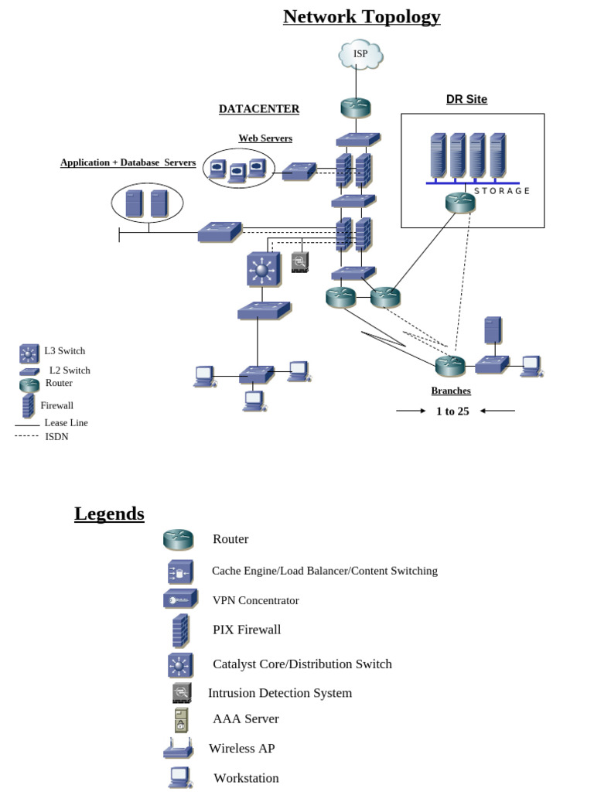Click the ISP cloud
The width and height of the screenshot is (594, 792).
(360, 53)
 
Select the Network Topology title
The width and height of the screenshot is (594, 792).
(361, 16)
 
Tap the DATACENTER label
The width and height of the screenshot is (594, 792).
(258, 109)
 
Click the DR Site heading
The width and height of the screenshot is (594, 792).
(466, 99)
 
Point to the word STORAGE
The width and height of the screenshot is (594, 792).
(502, 191)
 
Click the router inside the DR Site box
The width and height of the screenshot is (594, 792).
(460, 203)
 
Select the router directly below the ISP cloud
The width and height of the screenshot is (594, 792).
(357, 108)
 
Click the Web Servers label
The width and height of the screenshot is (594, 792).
(265, 138)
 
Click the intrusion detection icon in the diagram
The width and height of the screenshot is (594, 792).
(300, 263)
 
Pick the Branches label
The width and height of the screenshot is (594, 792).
(451, 391)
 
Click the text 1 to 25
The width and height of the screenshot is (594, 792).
(452, 411)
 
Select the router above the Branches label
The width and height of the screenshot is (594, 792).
(449, 364)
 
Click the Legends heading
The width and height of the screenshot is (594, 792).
(109, 514)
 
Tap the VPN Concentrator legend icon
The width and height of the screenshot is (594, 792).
(180, 599)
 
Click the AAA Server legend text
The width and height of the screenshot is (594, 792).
(245, 719)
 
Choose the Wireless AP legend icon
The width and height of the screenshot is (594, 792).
(179, 749)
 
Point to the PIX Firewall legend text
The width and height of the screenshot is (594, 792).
(247, 630)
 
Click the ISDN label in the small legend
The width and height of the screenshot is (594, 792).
(56, 437)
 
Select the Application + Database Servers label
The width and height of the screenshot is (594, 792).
(128, 162)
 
